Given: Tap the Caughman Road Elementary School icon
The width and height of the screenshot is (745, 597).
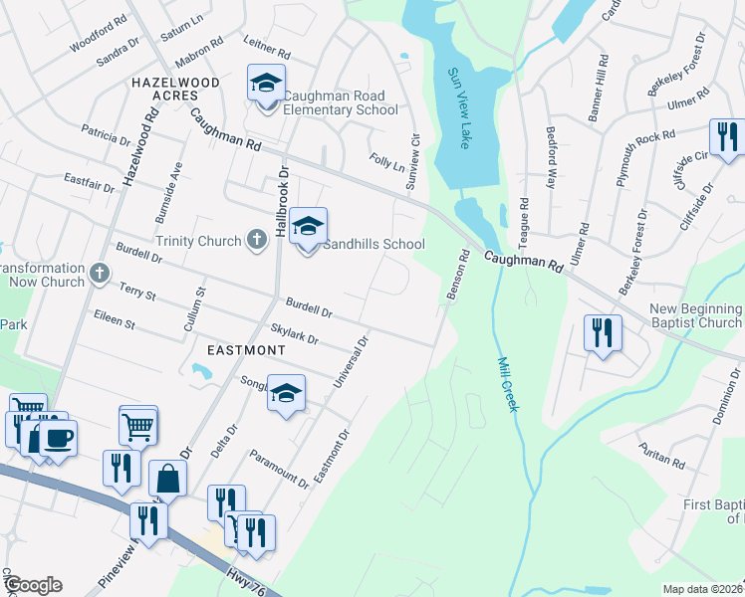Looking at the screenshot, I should point(266,83).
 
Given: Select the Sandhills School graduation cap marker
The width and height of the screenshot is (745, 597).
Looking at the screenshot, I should point(309,228).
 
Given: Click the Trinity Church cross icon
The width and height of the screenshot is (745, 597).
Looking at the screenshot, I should point(257,240).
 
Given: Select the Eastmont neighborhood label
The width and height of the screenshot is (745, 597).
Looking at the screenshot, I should point(246,350).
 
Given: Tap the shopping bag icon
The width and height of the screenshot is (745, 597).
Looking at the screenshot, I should point(168,480).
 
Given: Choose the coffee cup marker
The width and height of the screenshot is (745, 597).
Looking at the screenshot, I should point(58,438).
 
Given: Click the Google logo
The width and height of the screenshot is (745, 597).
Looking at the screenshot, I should point(32,585).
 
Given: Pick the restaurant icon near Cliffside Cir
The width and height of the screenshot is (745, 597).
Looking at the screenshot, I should point(726,138).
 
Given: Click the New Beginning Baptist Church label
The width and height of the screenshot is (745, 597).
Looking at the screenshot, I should point(695,315).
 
